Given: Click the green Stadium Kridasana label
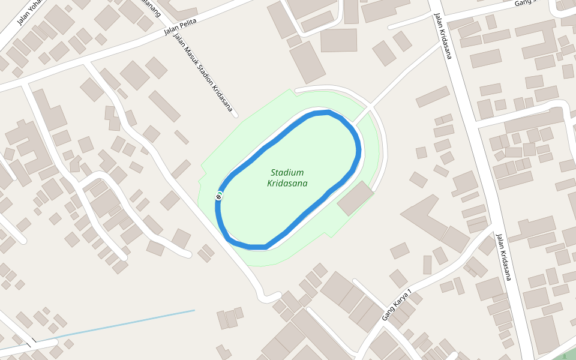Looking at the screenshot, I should [287, 177].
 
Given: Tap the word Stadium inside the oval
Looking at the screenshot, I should [287, 172].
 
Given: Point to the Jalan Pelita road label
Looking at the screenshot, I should [181, 26].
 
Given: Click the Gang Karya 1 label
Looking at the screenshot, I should [397, 305].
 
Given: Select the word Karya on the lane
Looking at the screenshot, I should [400, 302].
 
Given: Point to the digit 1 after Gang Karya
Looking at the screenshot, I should [410, 292].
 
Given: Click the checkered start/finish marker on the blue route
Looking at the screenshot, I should [219, 196].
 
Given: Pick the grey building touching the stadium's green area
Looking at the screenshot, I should [355, 198].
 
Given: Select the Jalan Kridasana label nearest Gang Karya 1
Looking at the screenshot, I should [503, 257].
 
